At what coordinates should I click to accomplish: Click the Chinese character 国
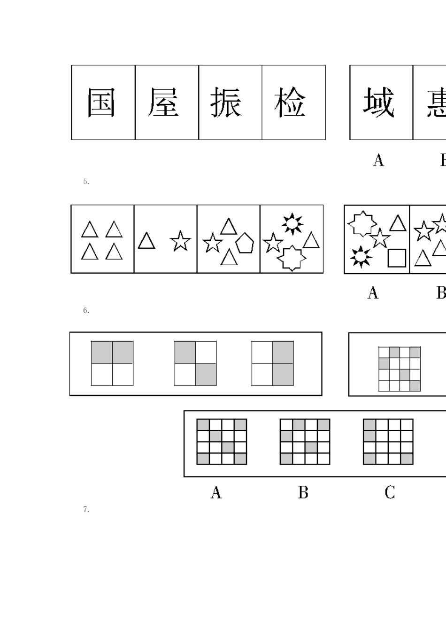[x=101, y=103]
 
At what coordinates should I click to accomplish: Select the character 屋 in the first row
[x=163, y=103]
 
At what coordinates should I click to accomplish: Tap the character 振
[x=226, y=103]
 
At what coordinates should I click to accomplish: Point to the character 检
[x=290, y=103]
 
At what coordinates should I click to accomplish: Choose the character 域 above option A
[x=378, y=103]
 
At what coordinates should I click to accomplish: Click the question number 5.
[x=86, y=182]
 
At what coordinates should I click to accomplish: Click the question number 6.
[x=86, y=310]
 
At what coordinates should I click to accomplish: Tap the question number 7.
[x=86, y=509]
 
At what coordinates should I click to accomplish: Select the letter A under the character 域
[x=378, y=161]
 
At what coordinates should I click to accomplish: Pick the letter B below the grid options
[x=303, y=492]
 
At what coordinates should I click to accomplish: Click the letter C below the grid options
[x=390, y=492]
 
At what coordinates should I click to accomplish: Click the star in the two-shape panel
[x=180, y=241]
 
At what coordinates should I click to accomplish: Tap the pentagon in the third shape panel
[x=245, y=243]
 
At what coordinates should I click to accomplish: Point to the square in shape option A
[x=397, y=258]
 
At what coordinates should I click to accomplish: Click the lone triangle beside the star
[x=146, y=241]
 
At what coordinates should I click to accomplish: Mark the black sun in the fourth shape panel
[x=292, y=224]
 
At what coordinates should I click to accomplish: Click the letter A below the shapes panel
[x=373, y=293]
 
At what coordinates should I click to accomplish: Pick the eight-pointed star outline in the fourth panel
[x=291, y=258]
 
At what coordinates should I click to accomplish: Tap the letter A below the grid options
[x=216, y=492]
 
